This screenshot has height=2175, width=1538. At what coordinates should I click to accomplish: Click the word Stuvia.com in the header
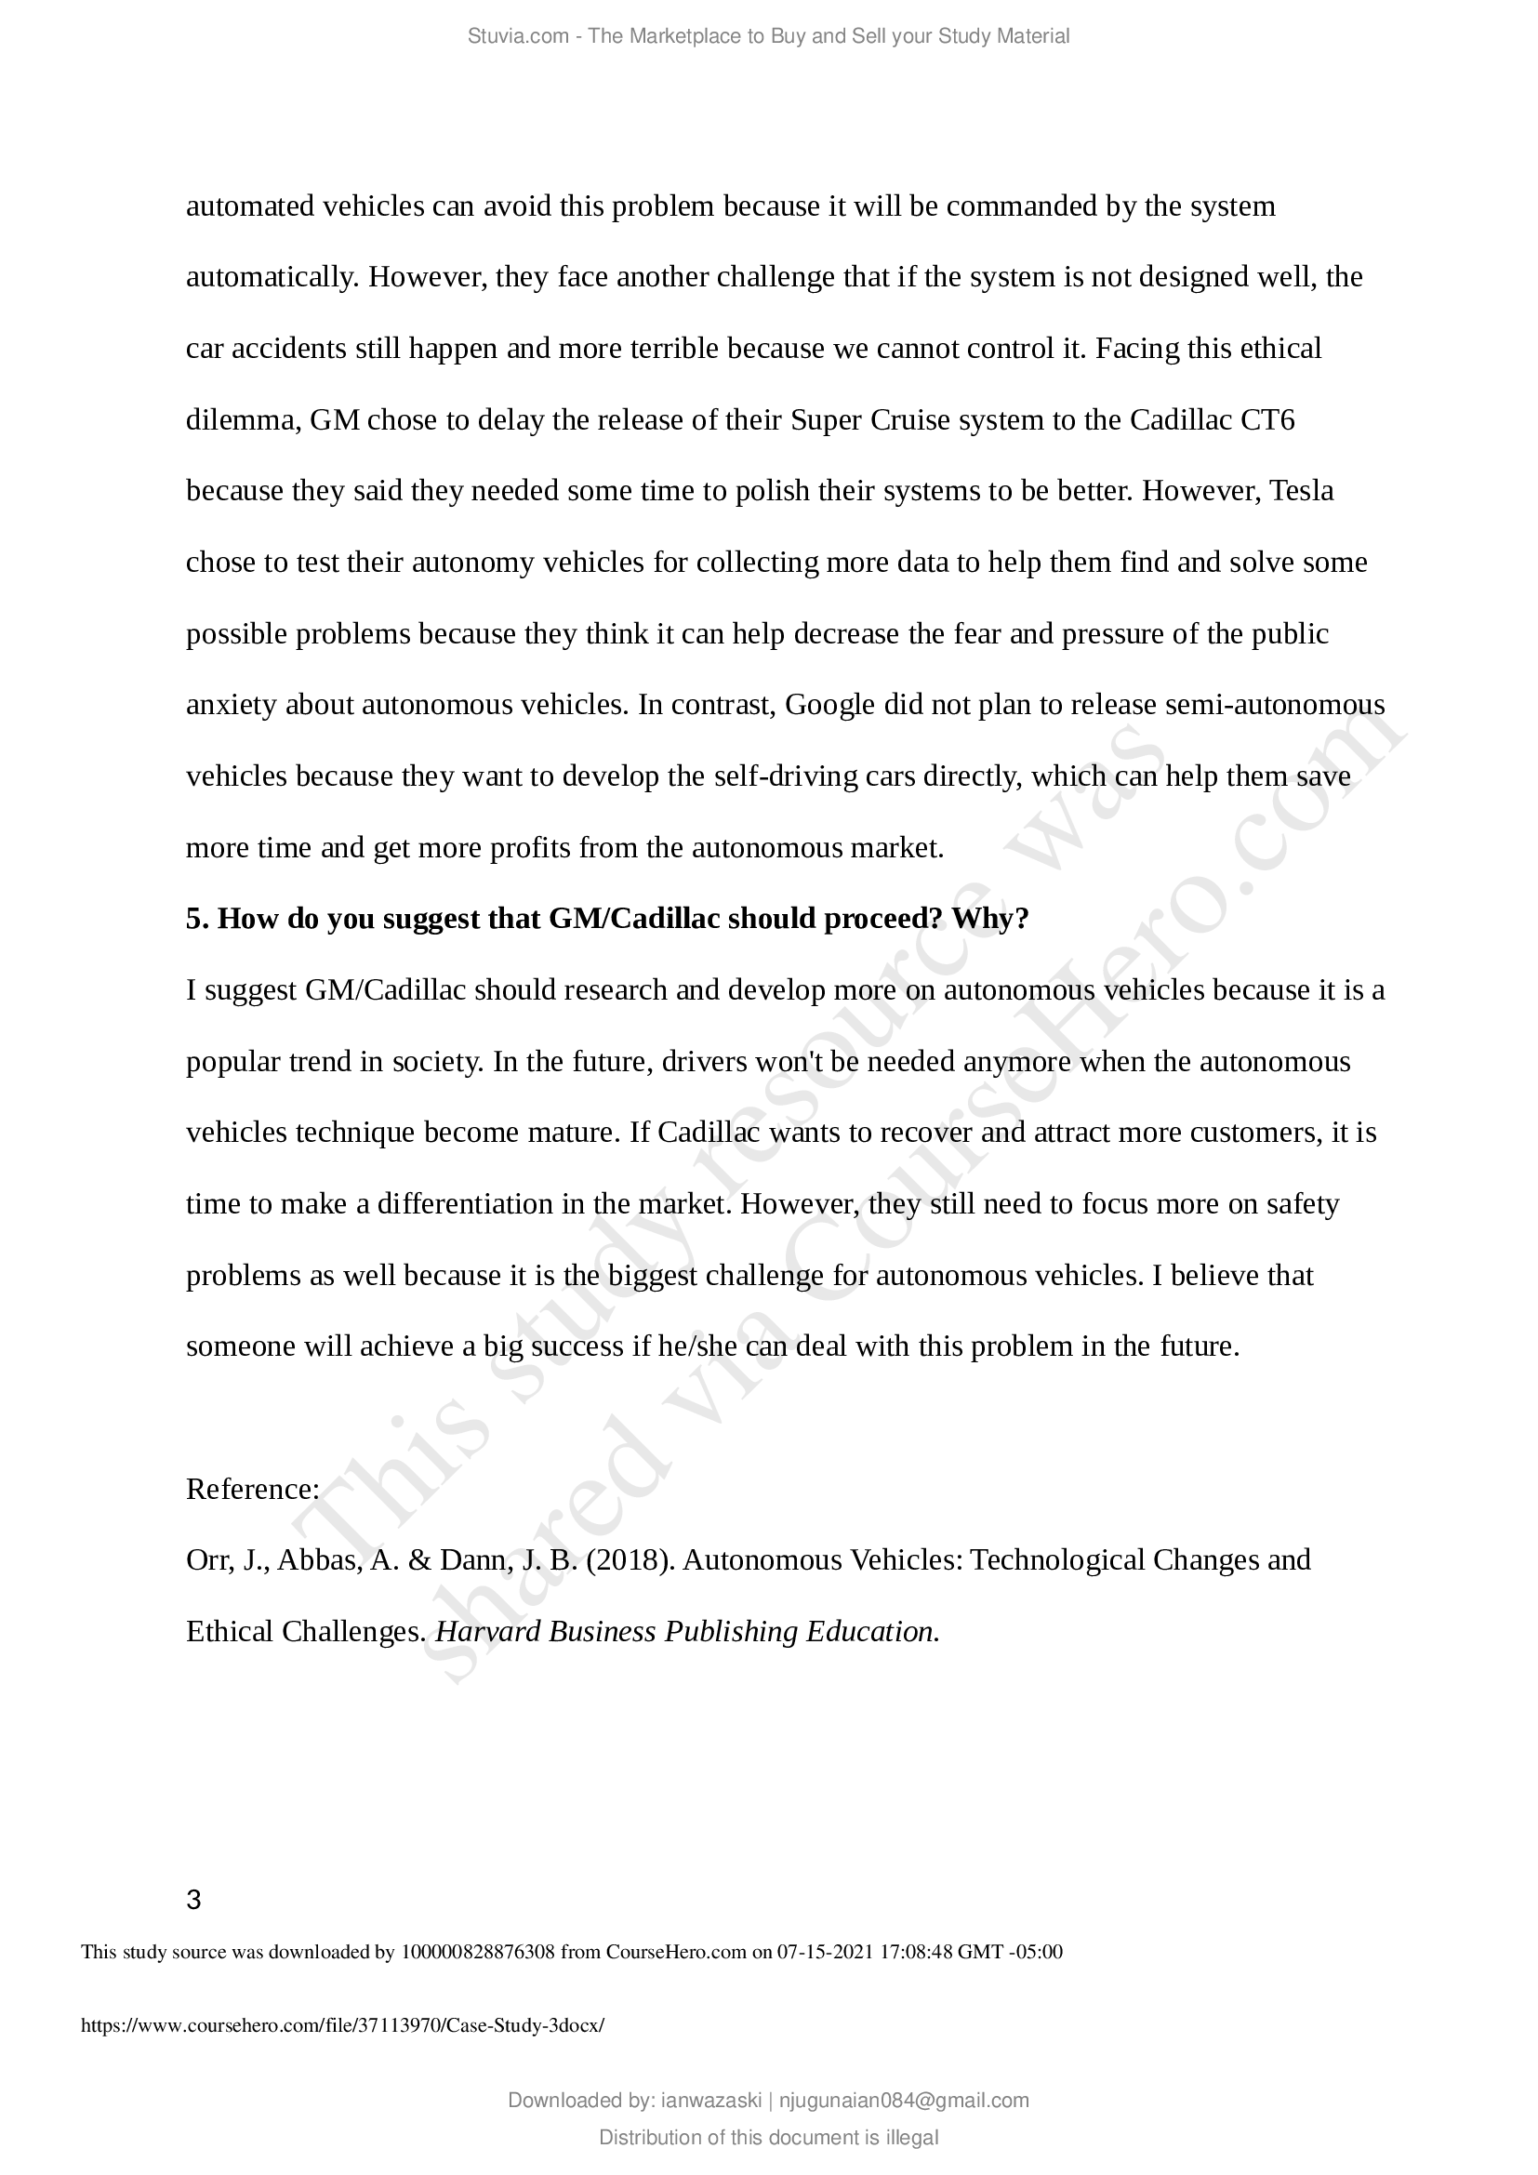[x=518, y=37]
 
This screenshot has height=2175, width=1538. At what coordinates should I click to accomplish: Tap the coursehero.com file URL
[x=342, y=2025]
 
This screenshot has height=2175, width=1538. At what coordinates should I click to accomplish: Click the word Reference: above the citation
[x=253, y=1489]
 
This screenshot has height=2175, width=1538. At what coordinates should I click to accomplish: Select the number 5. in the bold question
[x=197, y=919]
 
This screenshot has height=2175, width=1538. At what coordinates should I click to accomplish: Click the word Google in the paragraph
[x=829, y=705]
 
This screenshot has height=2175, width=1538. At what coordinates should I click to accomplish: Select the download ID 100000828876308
[x=478, y=1952]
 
